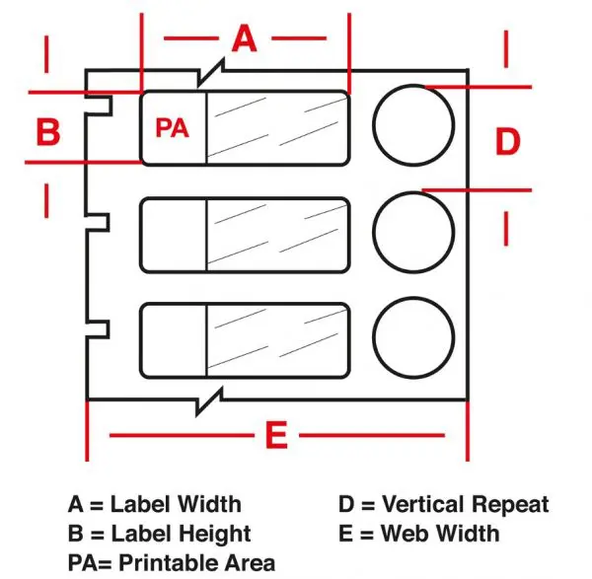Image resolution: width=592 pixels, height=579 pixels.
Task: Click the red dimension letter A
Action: (x=245, y=38)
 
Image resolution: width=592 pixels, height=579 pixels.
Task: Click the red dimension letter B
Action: (x=48, y=132)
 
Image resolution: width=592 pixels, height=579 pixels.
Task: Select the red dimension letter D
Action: (x=507, y=141)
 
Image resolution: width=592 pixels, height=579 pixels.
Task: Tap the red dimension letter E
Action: (x=276, y=435)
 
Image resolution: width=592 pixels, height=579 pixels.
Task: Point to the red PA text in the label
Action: (x=172, y=128)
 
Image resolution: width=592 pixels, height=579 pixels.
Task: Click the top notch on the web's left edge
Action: (x=111, y=106)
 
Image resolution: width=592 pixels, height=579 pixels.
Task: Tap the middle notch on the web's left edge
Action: (x=109, y=222)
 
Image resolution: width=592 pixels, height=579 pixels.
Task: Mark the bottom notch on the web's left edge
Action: (x=109, y=329)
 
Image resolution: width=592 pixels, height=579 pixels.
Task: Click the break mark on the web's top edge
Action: (x=211, y=72)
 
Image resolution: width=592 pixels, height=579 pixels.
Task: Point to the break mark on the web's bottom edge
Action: (x=209, y=401)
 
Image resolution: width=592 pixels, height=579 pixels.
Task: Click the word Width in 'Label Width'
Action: (x=209, y=504)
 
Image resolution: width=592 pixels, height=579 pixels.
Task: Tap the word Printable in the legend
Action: (x=169, y=563)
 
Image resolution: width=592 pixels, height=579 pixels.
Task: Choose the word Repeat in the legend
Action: (x=510, y=505)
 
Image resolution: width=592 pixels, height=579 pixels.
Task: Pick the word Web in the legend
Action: (x=406, y=534)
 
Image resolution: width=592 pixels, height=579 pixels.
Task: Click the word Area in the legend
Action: (x=250, y=563)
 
